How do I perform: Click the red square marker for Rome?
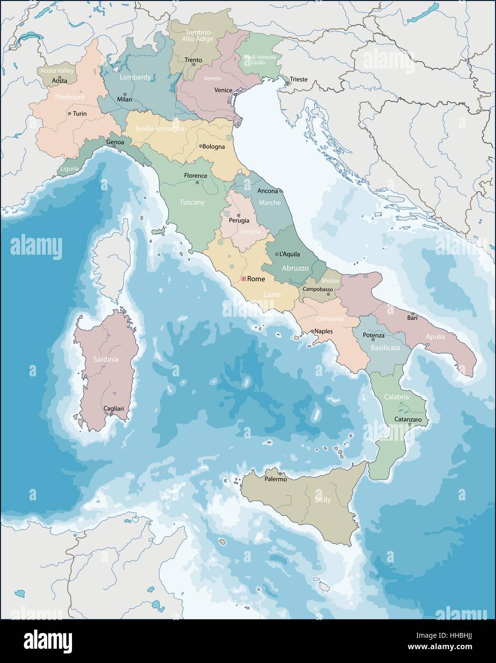[x=243, y=279]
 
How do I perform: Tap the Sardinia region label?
[x=106, y=360]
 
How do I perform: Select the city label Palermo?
[x=275, y=479]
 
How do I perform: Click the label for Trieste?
[x=299, y=80]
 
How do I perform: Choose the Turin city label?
[x=80, y=114]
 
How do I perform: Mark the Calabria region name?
[x=396, y=397]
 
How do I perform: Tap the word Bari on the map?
[x=412, y=318]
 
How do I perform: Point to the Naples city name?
[x=323, y=331]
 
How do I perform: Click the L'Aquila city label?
[x=290, y=254]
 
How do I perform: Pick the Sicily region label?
[x=322, y=501]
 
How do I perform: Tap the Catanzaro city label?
[x=408, y=419]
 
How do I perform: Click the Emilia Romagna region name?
[x=160, y=129]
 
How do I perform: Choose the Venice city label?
[x=223, y=90]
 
